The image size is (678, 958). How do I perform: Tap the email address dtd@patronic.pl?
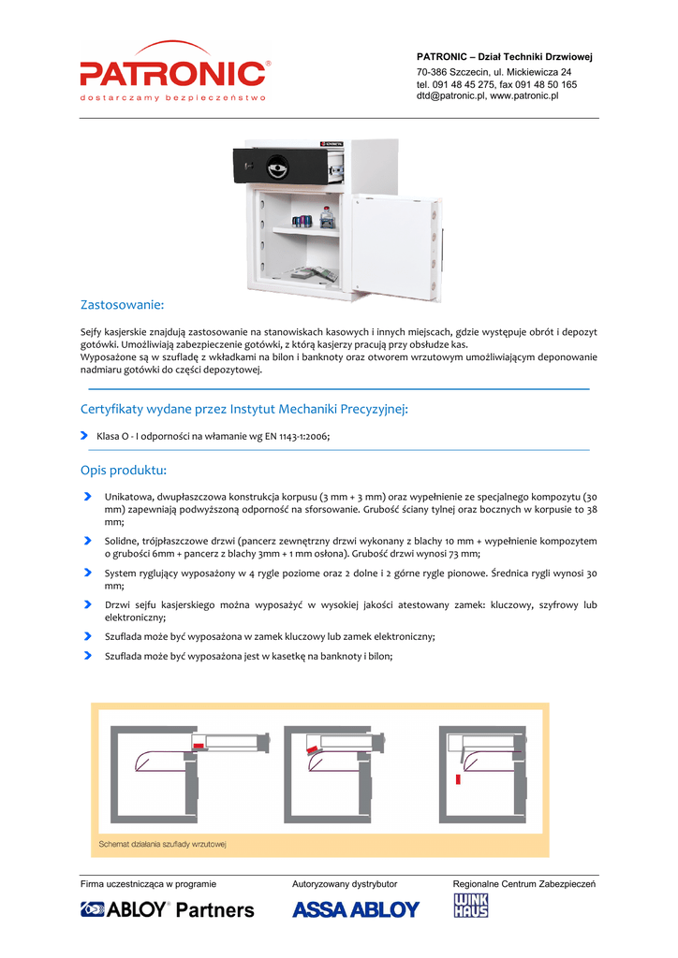[450, 96]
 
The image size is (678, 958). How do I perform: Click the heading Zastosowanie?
[123, 304]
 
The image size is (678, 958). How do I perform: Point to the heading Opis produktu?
[124, 470]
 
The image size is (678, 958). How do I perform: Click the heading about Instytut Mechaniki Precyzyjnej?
[244, 409]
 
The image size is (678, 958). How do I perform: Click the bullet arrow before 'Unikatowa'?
[87, 496]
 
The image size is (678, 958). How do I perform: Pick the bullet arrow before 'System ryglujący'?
[87, 573]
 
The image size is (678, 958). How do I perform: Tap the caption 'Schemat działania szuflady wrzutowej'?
[163, 845]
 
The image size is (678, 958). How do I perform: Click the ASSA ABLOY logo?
[356, 909]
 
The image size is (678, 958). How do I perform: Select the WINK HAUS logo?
[471, 906]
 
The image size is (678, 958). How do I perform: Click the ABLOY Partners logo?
[167, 909]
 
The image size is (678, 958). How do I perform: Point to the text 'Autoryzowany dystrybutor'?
[345, 884]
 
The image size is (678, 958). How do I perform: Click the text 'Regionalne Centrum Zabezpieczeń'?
[524, 884]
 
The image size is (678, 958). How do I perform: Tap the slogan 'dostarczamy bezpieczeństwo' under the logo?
[173, 97]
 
